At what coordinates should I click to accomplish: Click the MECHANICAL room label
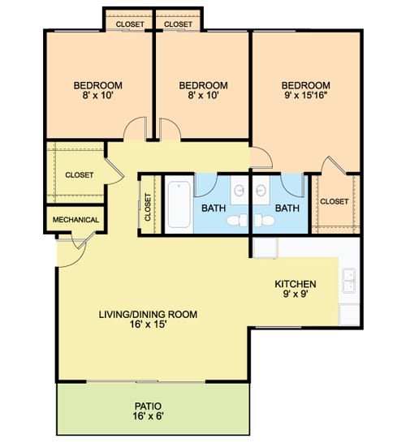click(x=76, y=220)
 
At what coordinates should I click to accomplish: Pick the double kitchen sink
click(x=349, y=280)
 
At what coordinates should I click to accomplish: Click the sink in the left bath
click(x=240, y=191)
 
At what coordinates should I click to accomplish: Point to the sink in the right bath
click(x=261, y=191)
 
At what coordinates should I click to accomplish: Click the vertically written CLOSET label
click(x=149, y=206)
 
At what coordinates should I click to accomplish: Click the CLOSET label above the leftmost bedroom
click(x=130, y=24)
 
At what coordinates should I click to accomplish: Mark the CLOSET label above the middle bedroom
click(x=178, y=24)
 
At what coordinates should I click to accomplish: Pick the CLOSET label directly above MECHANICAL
click(x=79, y=175)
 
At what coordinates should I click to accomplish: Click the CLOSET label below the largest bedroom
click(x=335, y=201)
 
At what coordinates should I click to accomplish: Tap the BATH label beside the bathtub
click(x=214, y=208)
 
